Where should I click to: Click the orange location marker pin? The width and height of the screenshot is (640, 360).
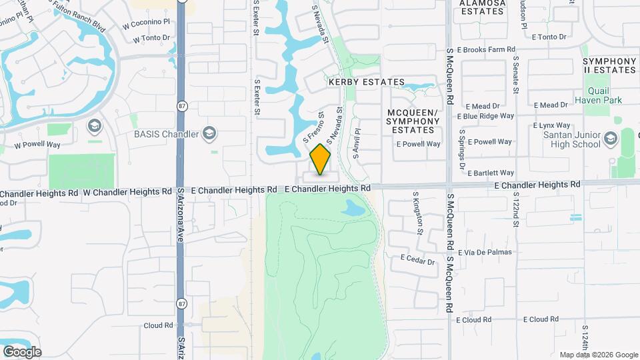[321, 159]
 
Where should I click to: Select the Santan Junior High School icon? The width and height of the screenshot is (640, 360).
[610, 139]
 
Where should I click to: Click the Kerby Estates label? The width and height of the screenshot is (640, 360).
[366, 82]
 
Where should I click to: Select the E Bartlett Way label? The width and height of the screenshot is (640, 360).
[490, 173]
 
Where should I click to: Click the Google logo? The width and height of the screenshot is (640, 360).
[22, 351]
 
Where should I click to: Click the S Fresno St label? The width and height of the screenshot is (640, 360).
[313, 127]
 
